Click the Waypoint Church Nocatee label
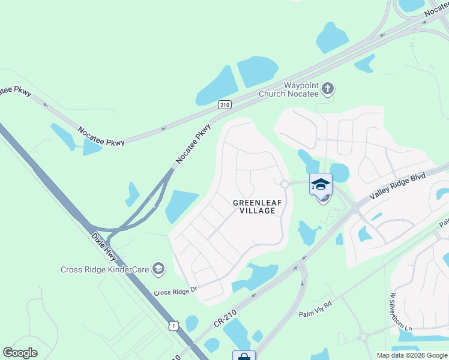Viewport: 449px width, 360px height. (x=288, y=89)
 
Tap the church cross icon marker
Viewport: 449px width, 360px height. (x=327, y=89)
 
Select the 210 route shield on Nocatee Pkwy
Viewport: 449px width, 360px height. (x=224, y=104)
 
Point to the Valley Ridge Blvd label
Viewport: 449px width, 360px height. (x=398, y=187)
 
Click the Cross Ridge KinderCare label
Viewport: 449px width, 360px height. (x=104, y=269)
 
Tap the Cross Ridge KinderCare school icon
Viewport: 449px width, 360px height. (x=158, y=268)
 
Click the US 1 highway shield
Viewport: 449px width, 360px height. (x=173, y=325)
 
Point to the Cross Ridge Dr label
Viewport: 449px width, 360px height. (x=175, y=292)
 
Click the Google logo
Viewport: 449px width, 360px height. (x=20, y=353)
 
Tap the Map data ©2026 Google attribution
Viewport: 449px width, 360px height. (x=411, y=355)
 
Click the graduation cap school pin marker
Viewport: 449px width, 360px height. (x=321, y=184)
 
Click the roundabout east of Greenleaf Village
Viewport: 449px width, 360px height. (x=285, y=184)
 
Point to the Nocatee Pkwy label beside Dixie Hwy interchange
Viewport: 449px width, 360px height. (x=193, y=144)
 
